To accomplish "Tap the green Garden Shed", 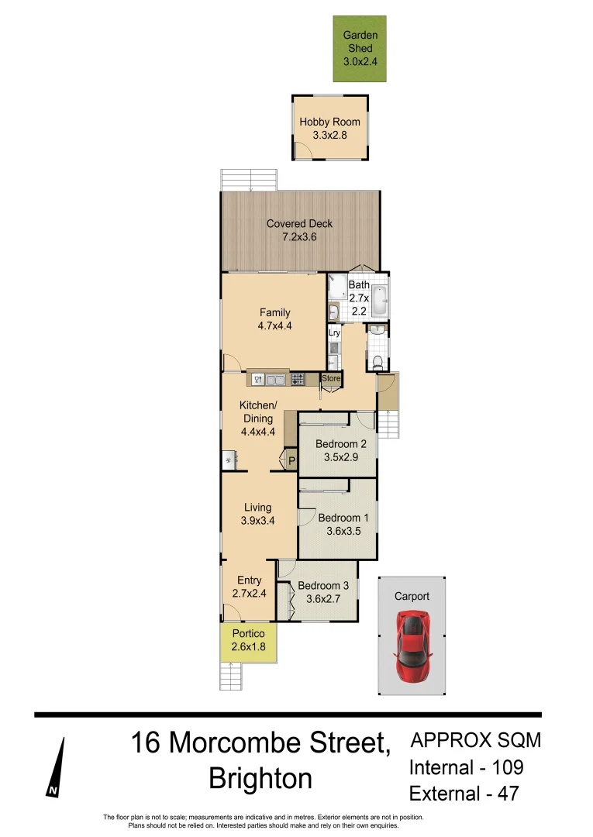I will pos(360,49).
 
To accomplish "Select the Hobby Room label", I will pos(330,122).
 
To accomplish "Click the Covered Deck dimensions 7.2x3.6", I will pos(300,236).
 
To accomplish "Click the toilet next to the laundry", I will pos(378,360).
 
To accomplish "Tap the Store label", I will pos(331,378).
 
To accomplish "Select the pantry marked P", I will pos(291,461).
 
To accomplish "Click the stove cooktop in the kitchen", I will pos(297,379).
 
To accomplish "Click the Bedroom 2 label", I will pos(341,444).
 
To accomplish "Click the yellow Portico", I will pos(248,640).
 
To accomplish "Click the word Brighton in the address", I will pos(260,778).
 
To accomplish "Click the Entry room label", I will pos(249,580).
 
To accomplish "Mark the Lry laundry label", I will pos(334,333).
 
